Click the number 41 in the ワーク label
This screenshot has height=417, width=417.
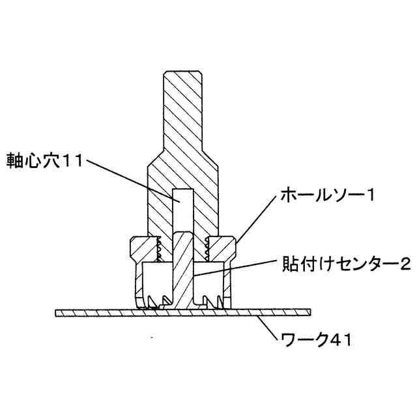(339, 341)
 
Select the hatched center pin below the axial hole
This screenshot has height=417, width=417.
(183, 267)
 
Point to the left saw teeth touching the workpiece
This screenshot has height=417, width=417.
(156, 302)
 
